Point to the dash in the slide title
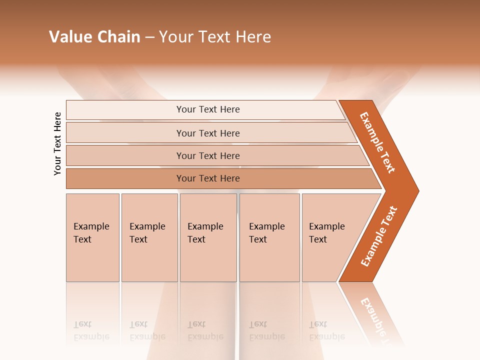tap(149, 37)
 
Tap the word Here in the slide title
tap(253, 37)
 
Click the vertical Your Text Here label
tap(58, 143)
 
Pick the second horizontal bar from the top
tap(207, 133)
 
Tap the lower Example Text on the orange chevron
tap(379, 236)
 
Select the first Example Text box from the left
tap(92, 237)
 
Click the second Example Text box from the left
tap(149, 237)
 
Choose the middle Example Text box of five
tap(208, 237)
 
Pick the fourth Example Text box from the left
tap(269, 237)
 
